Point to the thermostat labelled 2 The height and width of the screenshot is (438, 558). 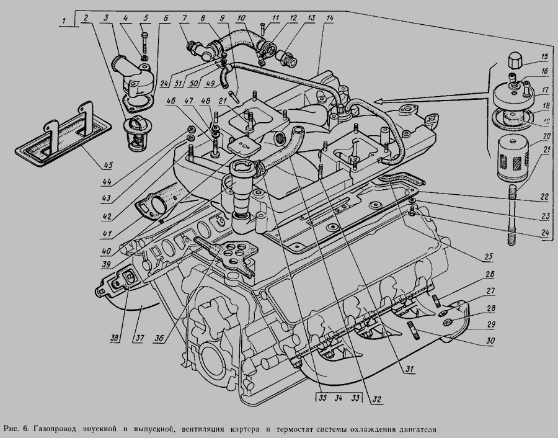[135, 132]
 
